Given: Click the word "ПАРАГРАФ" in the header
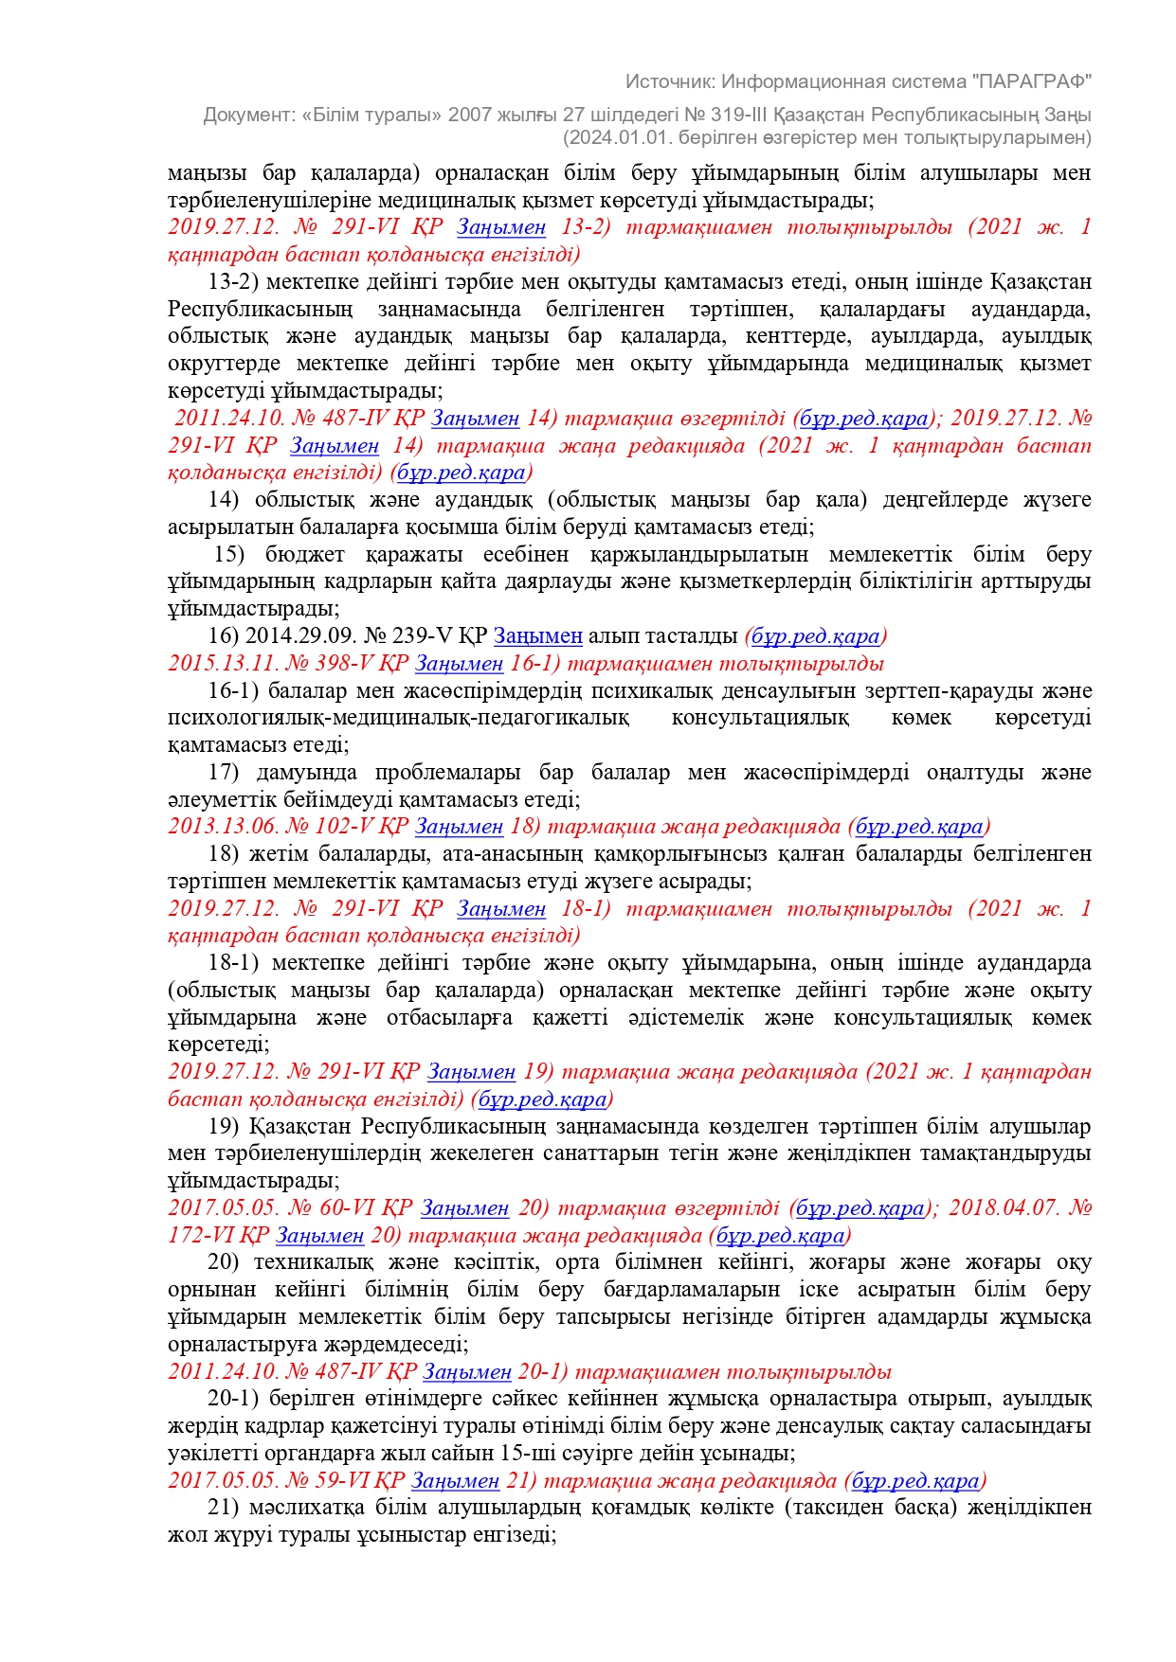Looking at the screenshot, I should tap(1032, 81).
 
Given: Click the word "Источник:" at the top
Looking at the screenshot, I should tap(670, 81).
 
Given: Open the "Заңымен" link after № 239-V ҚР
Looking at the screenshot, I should tap(537, 635).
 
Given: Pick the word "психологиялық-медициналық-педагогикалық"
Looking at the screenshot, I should tap(398, 718).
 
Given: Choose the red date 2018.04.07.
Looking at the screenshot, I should tap(1002, 1208).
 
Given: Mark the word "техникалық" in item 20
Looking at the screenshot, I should tap(311, 1262).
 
